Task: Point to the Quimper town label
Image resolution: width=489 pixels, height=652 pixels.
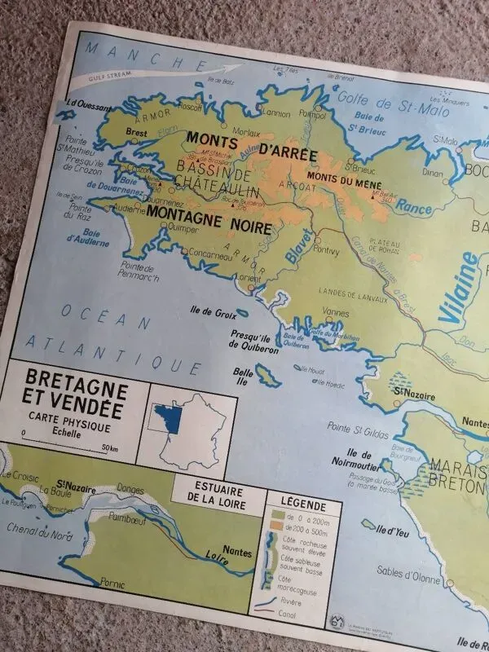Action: [x=180, y=229]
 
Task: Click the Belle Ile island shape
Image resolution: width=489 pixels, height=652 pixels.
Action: [x=266, y=377]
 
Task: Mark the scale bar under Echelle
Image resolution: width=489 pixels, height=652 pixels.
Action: [x=67, y=445]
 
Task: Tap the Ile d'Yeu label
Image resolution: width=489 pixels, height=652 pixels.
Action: [x=399, y=531]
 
